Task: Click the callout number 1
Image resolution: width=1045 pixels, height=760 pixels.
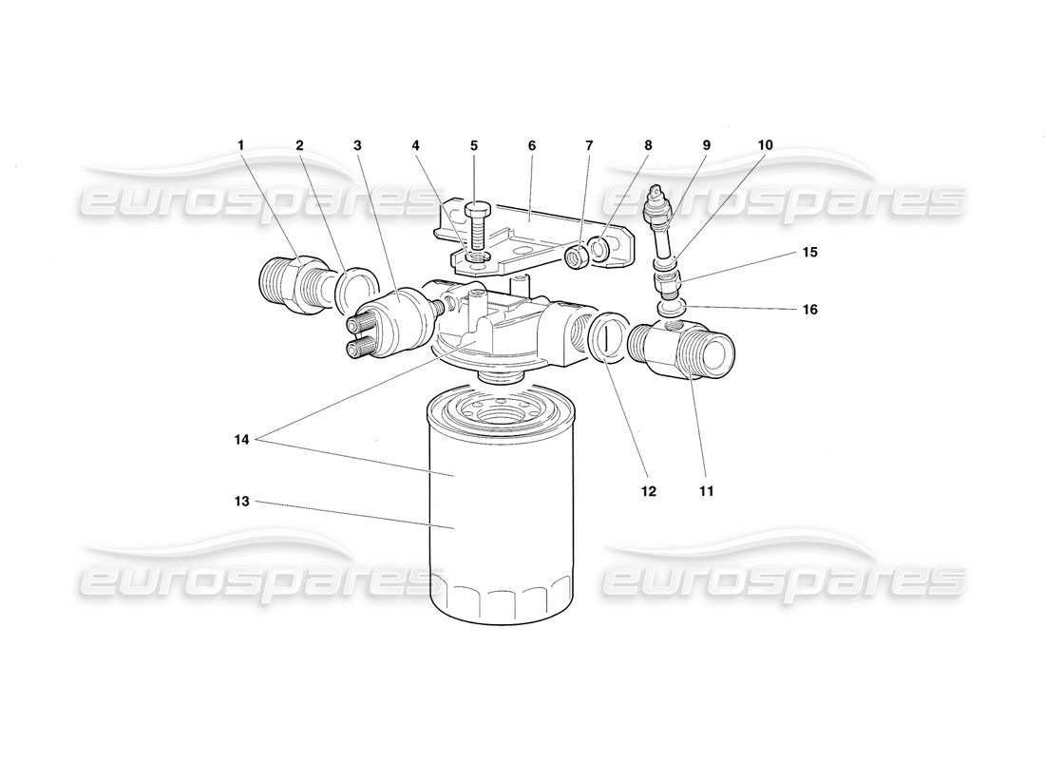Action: coord(241,145)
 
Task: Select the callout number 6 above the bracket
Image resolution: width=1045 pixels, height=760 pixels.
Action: coord(532,145)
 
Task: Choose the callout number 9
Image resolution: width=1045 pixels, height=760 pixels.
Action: coord(706,145)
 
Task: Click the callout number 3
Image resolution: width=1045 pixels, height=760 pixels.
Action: coord(357,145)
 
